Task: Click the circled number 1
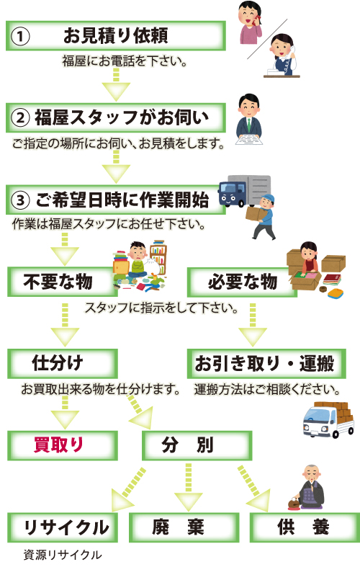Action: [x=20, y=36]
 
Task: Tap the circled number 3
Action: [x=20, y=200]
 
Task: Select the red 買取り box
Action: [x=63, y=445]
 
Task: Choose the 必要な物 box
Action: [x=242, y=282]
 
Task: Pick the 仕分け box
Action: [x=63, y=363]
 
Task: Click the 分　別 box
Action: [x=197, y=445]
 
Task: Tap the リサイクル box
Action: [x=63, y=527]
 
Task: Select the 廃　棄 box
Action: [x=184, y=527]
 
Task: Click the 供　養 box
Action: [x=305, y=527]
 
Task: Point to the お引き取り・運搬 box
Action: [x=266, y=363]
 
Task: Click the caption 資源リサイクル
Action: [x=63, y=555]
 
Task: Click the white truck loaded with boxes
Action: [x=328, y=420]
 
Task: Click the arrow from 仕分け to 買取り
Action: [x=65, y=413]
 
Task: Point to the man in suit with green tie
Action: [x=249, y=120]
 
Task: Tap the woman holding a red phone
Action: [x=250, y=22]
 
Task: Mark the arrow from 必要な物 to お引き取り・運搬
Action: [x=253, y=325]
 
